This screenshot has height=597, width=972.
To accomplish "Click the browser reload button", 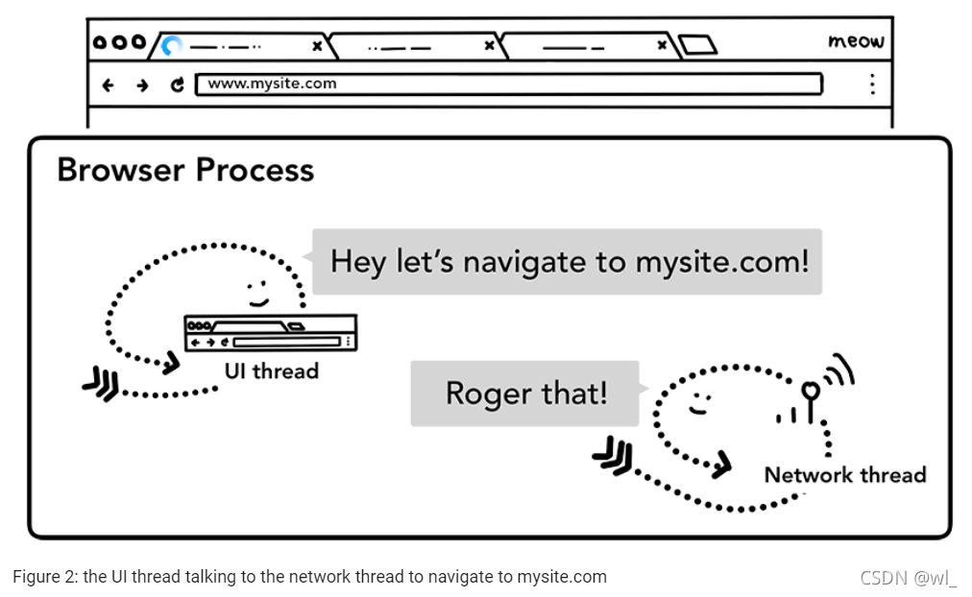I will point(178,84).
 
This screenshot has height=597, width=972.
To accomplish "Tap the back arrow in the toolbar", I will point(108,84).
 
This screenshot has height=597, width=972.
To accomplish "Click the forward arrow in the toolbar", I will point(142,84).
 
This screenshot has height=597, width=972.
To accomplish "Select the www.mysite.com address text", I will point(272,84).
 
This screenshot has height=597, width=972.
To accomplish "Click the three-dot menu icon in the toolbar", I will point(872,84).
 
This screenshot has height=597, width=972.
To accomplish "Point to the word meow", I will point(855,41).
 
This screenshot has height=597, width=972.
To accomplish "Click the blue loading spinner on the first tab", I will point(171,45).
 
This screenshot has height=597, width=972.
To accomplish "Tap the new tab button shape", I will point(698,45).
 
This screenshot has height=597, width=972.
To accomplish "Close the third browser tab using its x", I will point(662,45).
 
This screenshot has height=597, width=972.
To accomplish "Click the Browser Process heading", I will point(185,170).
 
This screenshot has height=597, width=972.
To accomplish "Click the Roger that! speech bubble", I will point(525,393).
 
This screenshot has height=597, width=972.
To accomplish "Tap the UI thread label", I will point(271,370).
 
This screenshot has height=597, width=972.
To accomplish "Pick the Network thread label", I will point(844,474).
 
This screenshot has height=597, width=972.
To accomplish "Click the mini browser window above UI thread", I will point(270,332).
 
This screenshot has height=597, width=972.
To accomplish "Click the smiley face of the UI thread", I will point(255,291).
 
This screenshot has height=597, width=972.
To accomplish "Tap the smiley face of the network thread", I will point(699,403).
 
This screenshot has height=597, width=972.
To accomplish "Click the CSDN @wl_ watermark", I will point(909,578).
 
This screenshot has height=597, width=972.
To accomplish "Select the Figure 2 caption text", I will point(309,577).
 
